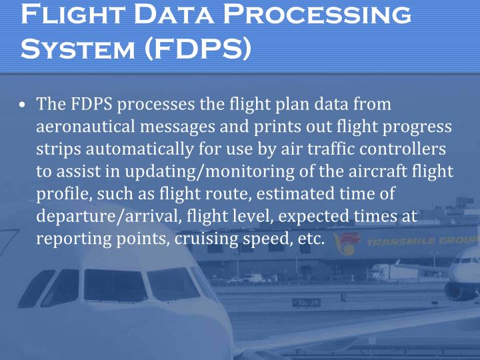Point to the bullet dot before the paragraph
(23, 105)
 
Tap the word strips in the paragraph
(55, 149)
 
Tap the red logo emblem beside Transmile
(347, 241)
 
